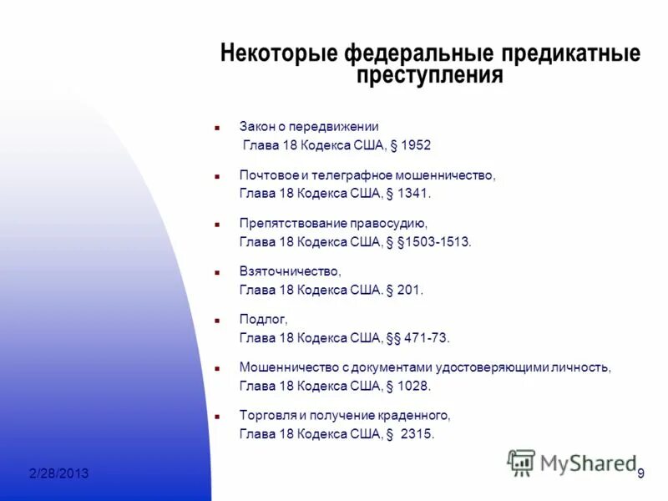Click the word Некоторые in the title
[279, 54]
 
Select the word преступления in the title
[430, 76]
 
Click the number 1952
[415, 145]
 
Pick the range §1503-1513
[437, 242]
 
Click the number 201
[409, 291]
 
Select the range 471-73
[426, 338]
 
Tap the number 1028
[413, 387]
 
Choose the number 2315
[418, 434]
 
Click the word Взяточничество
[290, 271]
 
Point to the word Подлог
[262, 320]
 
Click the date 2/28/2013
[58, 474]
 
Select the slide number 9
[640, 474]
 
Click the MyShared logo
[572, 462]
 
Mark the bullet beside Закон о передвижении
[216, 128]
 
